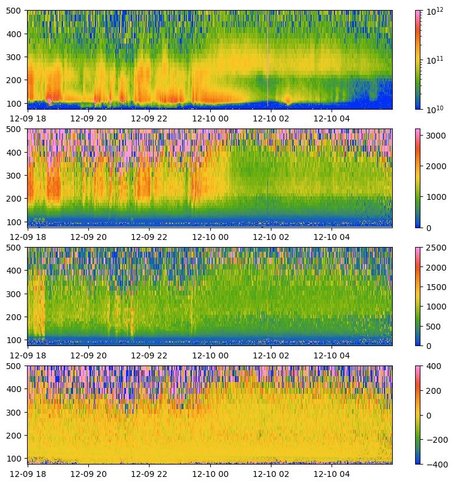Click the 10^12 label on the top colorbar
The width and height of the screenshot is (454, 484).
pos(435,10)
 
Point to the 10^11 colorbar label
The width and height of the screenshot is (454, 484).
pos(435,60)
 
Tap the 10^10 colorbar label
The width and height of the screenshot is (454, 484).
pos(435,109)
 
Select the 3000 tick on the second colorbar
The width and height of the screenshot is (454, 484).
pos(436,136)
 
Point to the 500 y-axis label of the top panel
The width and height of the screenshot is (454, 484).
pos(16,11)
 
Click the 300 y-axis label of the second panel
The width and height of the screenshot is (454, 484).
pos(16,175)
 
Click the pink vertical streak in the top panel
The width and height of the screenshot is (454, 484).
pos(268,59)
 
